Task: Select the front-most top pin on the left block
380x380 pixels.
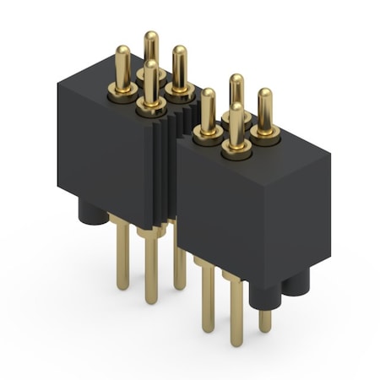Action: coord(150,84)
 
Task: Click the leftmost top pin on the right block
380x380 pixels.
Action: coord(208,112)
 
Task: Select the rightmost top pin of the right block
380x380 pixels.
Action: coord(265,111)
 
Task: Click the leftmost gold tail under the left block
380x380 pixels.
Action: coord(123,253)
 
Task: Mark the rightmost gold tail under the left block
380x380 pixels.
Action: coord(179,258)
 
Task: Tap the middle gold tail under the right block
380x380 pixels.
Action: coord(236,312)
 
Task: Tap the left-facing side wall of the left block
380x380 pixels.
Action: coord(101,152)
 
